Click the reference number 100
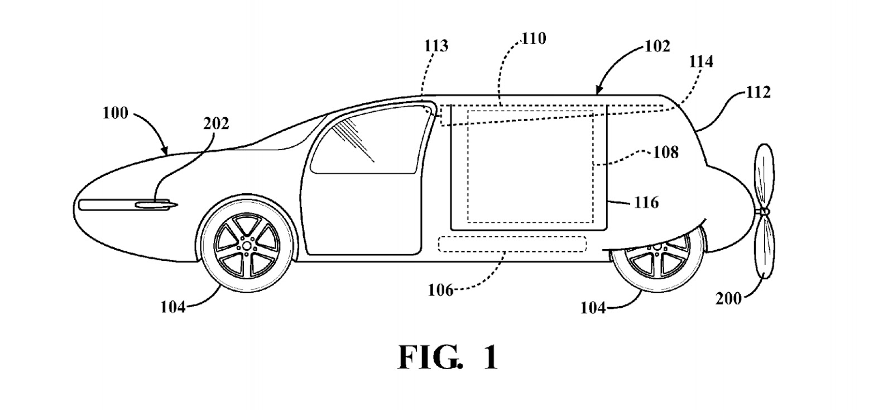(115, 113)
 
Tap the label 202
(216, 123)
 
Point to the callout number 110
(534, 39)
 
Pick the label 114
(700, 61)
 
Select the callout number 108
(666, 152)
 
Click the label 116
(646, 202)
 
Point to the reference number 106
(440, 290)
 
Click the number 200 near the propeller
(729, 299)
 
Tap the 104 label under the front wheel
(173, 307)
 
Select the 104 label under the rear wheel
(593, 307)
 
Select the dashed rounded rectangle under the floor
(512, 244)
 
